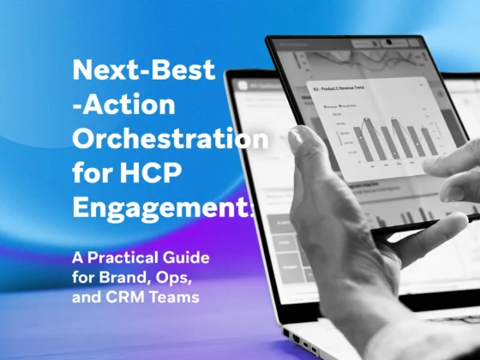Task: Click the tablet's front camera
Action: tap(388, 42)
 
